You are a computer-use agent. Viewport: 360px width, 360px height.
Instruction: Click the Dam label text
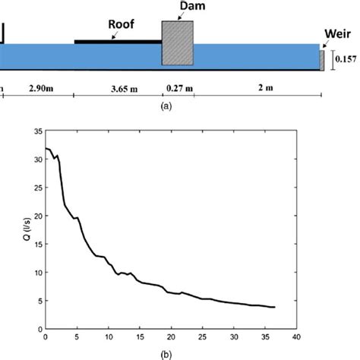[178, 7]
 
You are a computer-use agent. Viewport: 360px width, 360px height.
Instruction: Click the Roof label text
[121, 24]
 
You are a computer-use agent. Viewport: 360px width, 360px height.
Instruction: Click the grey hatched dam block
[178, 43]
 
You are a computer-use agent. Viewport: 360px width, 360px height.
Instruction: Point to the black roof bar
[118, 41]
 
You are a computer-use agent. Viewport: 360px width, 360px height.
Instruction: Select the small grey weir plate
[322, 60]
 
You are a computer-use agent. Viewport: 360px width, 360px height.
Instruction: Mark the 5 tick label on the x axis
[77, 338]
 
